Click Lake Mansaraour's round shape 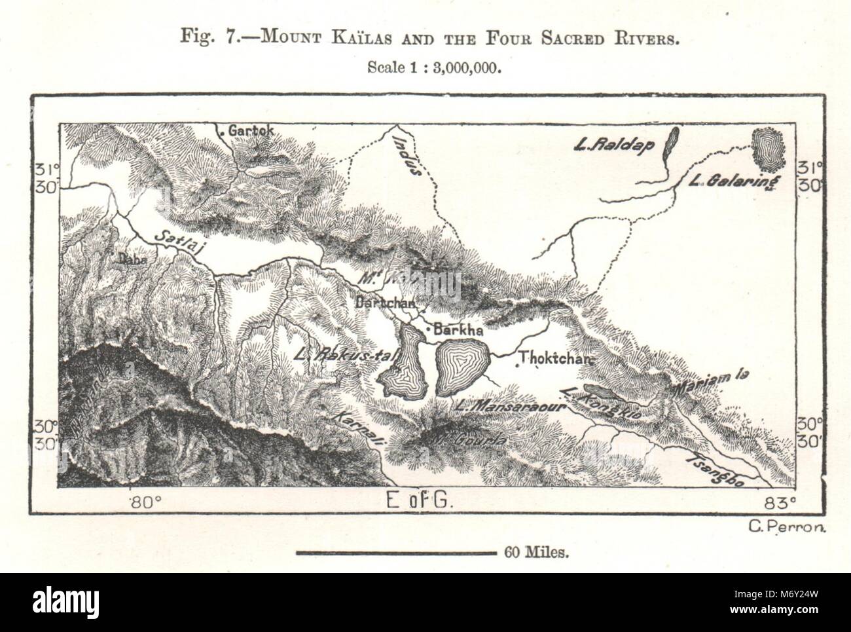coord(462,367)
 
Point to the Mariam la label coord(712,379)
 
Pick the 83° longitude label coord(780,502)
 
